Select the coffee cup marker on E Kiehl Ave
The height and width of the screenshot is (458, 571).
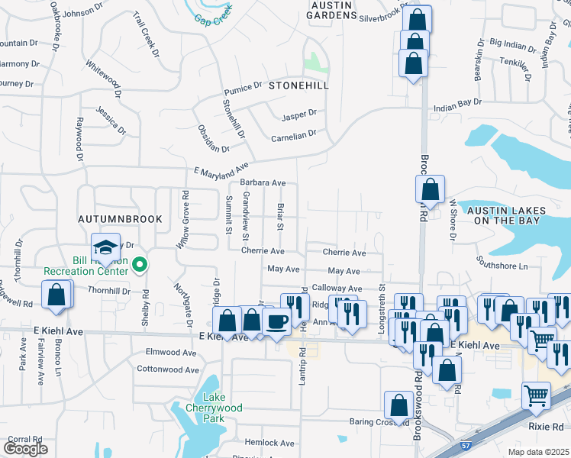(276, 322)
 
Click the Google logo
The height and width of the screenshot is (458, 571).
(25, 448)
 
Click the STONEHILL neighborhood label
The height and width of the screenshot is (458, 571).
(298, 85)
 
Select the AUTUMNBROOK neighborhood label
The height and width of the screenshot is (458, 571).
(121, 219)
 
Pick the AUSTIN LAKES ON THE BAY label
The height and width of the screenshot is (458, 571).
(503, 215)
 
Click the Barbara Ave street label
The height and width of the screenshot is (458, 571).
(262, 183)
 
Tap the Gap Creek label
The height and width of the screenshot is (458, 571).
(212, 18)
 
